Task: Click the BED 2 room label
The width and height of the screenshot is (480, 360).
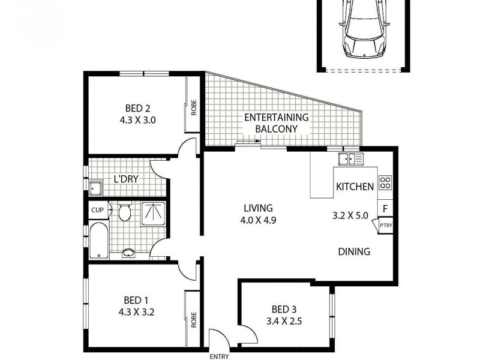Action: (x=137, y=109)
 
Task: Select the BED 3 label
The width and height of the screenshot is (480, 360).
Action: (x=284, y=310)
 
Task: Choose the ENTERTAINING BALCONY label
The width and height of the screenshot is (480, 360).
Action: (x=276, y=123)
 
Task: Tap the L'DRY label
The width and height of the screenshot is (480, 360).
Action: (x=127, y=179)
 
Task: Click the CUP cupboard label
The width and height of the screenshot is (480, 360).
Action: (x=97, y=211)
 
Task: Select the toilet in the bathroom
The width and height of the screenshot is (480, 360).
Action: (x=125, y=212)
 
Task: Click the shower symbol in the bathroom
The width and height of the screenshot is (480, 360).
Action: (x=155, y=211)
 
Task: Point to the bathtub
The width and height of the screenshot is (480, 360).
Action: (x=98, y=240)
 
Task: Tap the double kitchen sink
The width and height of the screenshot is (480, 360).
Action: (x=350, y=159)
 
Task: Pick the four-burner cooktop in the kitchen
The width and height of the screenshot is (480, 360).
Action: (x=385, y=183)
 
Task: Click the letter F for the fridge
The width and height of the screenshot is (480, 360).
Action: (x=385, y=209)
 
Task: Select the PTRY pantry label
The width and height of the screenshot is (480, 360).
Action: (x=385, y=226)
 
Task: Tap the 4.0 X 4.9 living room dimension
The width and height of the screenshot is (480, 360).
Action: (x=258, y=220)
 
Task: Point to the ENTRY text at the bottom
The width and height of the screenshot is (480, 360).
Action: (x=219, y=356)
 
